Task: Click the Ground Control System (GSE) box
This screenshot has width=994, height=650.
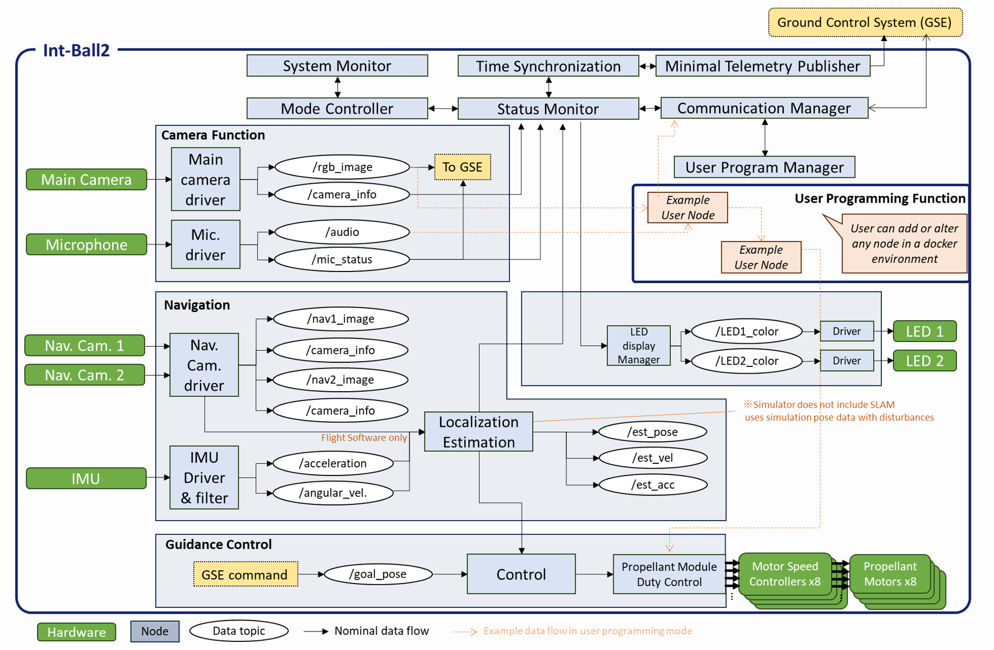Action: [865, 23]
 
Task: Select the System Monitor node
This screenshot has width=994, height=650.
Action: [337, 66]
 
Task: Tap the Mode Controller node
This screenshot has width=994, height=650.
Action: [337, 109]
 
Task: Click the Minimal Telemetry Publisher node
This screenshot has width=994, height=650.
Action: [762, 66]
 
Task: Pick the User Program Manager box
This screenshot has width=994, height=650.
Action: [764, 168]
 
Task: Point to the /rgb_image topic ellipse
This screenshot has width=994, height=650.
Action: [342, 167]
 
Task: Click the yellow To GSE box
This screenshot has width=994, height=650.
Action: [462, 167]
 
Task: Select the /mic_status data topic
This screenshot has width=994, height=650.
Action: [342, 259]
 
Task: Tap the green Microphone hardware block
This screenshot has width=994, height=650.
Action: [87, 244]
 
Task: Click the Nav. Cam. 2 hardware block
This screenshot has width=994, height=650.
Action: [84, 375]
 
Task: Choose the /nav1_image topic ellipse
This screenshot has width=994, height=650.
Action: [340, 319]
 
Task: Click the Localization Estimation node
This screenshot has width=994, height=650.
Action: [479, 432]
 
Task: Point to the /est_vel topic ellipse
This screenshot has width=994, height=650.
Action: [653, 458]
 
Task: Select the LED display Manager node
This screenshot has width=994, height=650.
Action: [639, 346]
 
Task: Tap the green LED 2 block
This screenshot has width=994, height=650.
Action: [925, 361]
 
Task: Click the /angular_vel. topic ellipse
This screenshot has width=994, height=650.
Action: [333, 493]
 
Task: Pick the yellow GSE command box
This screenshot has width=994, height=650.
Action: [245, 574]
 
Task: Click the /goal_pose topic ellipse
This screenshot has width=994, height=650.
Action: [378, 574]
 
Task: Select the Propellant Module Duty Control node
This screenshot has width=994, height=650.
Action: [669, 574]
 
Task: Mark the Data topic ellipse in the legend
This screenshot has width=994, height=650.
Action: [239, 631]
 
